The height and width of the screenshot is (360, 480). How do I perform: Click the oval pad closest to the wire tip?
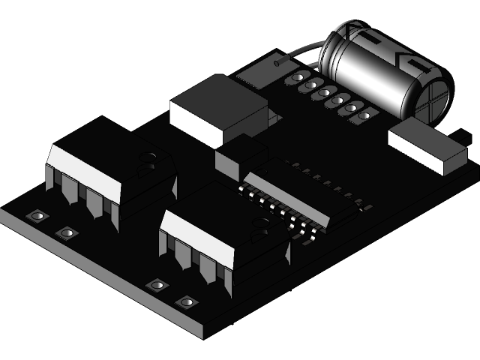coord(298,78)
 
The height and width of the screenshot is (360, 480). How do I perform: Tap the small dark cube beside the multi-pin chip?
coord(240,157)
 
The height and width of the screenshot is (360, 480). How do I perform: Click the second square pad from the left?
coord(67,233)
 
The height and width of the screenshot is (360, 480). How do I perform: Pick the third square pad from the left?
coord(157,284)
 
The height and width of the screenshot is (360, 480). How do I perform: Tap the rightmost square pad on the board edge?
coord(186,301)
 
